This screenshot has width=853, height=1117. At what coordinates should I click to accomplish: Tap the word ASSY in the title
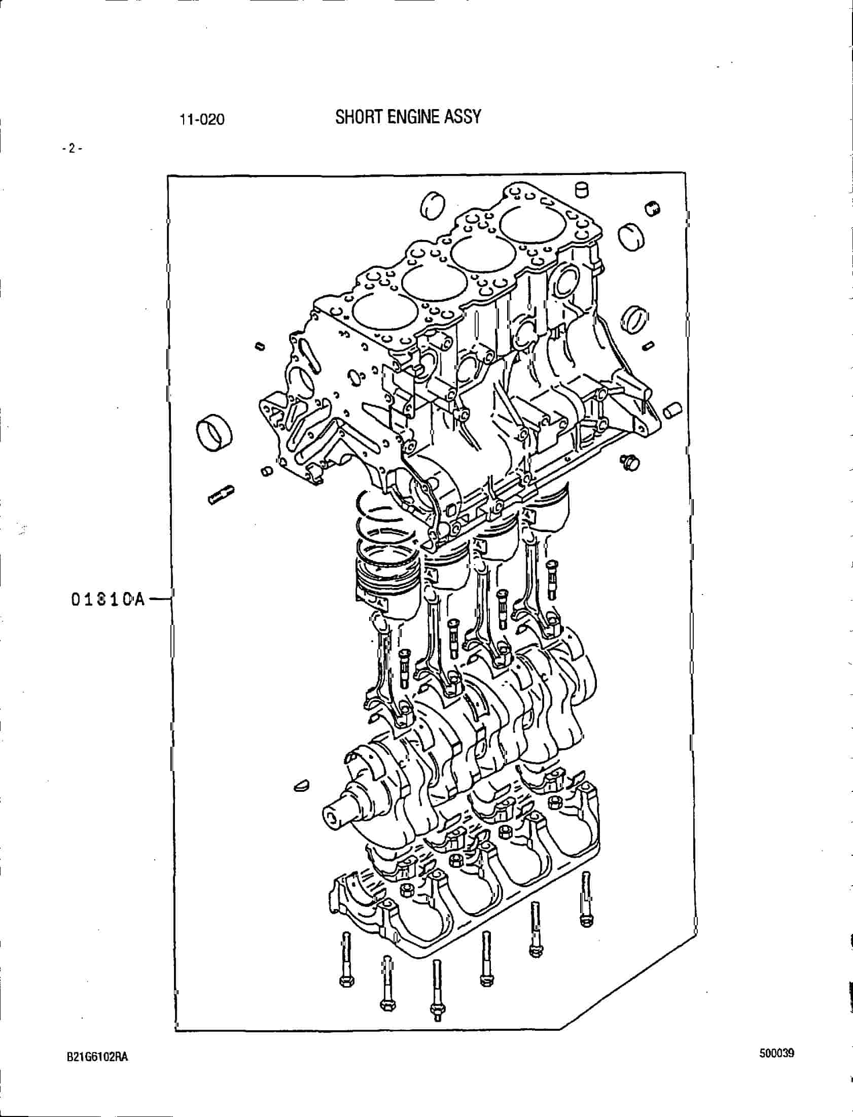[463, 117]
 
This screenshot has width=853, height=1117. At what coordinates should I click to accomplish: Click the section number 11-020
[201, 120]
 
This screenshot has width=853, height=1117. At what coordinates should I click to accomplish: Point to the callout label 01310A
[108, 600]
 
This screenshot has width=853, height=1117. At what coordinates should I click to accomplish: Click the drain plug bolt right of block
[628, 461]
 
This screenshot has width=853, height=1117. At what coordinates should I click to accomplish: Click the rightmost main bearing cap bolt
[586, 899]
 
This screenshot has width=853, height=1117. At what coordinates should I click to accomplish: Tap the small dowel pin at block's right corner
[672, 410]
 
